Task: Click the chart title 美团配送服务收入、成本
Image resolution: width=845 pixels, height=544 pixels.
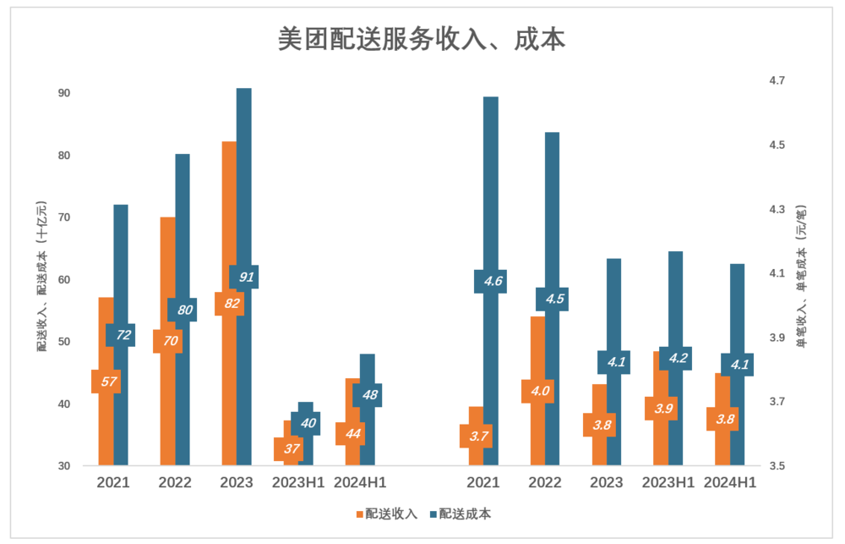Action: click(x=422, y=40)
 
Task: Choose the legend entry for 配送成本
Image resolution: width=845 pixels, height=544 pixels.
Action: click(x=461, y=514)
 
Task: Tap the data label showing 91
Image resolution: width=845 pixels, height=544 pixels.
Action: click(x=243, y=277)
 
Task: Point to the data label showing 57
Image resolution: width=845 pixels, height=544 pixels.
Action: click(x=106, y=382)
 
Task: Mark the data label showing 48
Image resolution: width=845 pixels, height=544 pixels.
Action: click(x=368, y=395)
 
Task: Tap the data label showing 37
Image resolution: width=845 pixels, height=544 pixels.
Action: click(x=289, y=448)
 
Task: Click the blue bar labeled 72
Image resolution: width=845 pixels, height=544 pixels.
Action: click(x=121, y=254)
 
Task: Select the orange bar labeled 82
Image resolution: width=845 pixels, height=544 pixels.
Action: click(x=228, y=212)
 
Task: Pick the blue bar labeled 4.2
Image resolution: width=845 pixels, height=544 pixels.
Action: click(x=675, y=305)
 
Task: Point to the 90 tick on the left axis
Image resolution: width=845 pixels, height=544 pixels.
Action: click(x=64, y=93)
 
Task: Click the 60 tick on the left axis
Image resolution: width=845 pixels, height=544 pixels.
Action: click(x=64, y=279)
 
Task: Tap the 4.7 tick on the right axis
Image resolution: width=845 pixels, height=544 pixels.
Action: click(x=777, y=80)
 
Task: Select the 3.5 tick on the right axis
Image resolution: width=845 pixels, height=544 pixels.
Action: click(x=777, y=466)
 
